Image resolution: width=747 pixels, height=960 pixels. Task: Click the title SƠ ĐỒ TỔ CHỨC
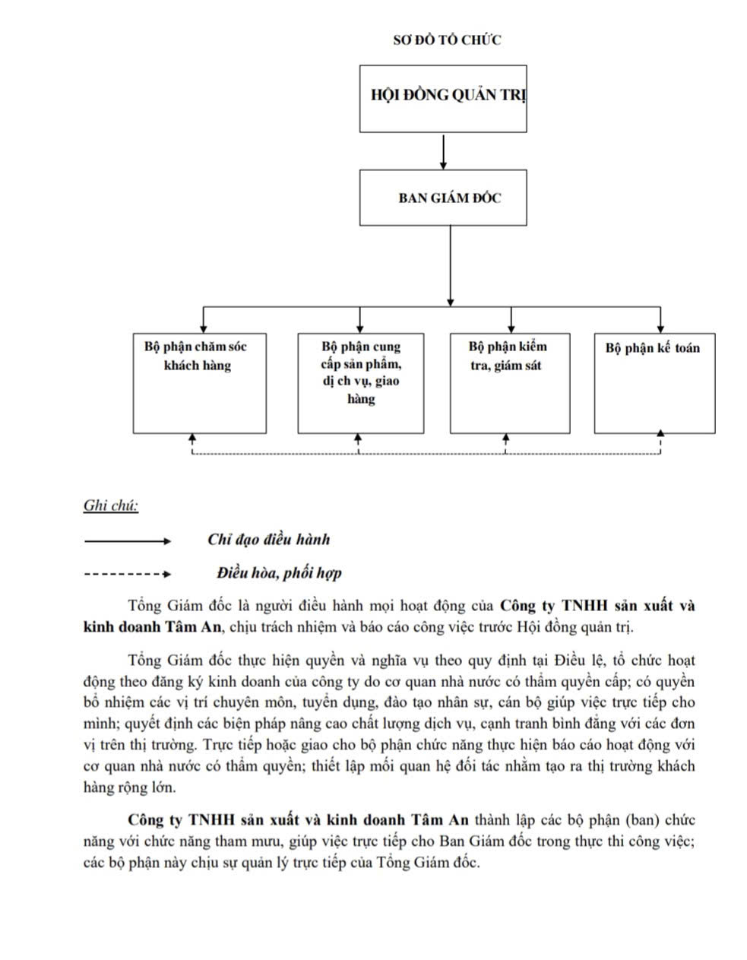tap(447, 40)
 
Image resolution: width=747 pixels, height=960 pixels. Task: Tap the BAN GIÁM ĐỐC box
tap(443, 198)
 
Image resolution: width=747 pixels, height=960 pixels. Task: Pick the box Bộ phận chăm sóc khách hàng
tap(199, 383)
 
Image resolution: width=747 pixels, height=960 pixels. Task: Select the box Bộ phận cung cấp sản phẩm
tap(360, 383)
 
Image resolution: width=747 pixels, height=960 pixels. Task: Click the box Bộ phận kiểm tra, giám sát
tap(509, 383)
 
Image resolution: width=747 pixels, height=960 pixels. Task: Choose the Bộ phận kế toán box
tap(654, 383)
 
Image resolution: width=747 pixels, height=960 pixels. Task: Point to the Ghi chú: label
tap(111, 505)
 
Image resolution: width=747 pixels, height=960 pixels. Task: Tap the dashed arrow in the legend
tap(128, 574)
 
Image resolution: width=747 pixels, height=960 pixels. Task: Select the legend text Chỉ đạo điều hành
tap(268, 540)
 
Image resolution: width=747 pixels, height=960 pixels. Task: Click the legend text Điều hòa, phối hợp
tap(278, 572)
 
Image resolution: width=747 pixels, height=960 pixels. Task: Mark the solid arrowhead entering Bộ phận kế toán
tap(660, 323)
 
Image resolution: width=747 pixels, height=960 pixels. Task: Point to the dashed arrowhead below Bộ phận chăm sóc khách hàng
tap(192, 439)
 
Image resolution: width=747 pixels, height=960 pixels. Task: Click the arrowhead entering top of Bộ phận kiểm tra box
tap(511, 323)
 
